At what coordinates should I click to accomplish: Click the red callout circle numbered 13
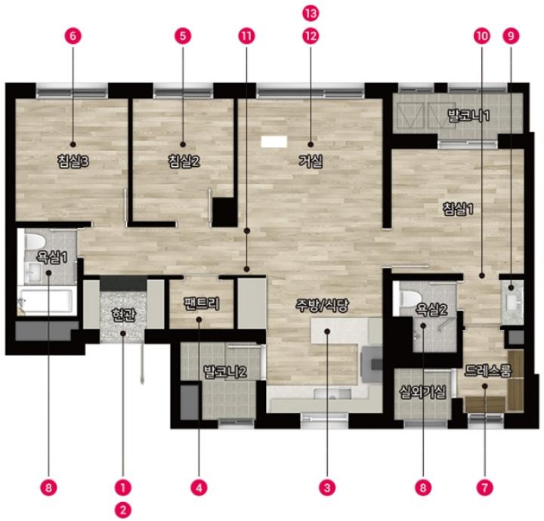[x=311, y=14]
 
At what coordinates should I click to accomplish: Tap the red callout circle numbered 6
[x=73, y=36]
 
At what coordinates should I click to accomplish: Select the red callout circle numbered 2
[x=123, y=510]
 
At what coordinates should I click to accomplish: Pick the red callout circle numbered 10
[x=482, y=36]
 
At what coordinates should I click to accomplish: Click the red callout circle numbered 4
[x=199, y=488]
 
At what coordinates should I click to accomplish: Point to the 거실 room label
[x=311, y=162]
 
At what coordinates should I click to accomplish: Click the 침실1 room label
[x=459, y=209]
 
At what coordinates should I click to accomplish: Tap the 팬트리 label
[x=202, y=304]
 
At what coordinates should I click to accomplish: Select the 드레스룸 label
[x=489, y=371]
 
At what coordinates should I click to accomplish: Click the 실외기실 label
[x=422, y=392]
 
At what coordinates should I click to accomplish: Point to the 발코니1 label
[x=468, y=116]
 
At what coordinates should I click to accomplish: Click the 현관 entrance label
[x=123, y=315]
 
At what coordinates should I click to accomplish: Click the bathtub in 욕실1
[x=47, y=301]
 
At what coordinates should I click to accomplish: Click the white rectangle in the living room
[x=274, y=142]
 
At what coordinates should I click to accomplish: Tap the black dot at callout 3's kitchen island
[x=327, y=331]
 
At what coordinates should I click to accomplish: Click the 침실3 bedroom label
[x=73, y=162]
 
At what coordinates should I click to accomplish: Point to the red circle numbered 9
[x=511, y=36]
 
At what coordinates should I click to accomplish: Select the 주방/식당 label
[x=322, y=305]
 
